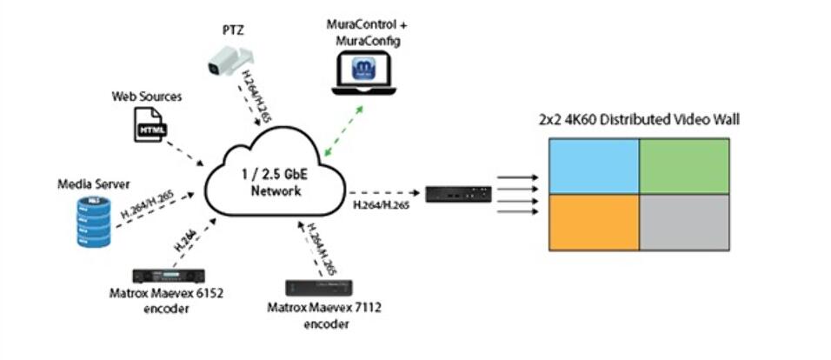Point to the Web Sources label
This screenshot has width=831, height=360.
146,96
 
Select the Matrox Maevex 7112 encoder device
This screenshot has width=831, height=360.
321,289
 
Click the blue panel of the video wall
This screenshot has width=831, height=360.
592,168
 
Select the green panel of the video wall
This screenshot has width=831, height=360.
687,168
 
